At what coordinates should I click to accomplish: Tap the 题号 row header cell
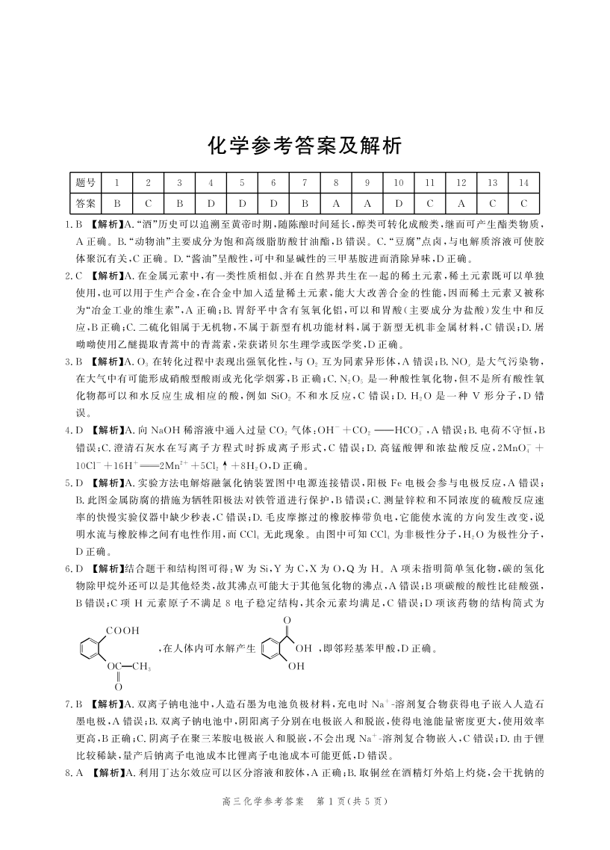86,182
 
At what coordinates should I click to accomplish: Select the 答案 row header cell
86,202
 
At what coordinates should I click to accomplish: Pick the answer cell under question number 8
336,202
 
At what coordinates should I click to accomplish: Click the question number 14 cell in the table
523,182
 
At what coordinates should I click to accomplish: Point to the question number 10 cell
399,182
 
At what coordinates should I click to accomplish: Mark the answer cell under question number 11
430,202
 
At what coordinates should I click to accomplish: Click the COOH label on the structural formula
122,631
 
